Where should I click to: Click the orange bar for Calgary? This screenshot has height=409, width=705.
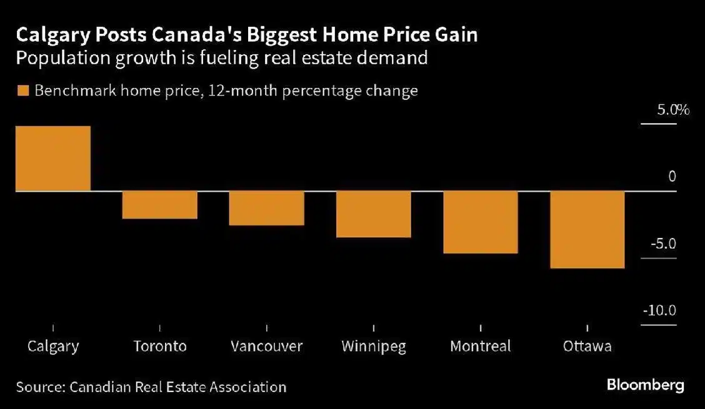pos(53,159)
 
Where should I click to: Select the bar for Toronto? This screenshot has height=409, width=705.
pos(160,205)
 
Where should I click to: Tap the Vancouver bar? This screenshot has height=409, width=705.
pos(267,208)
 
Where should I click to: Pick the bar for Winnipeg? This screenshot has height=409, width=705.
pos(374,214)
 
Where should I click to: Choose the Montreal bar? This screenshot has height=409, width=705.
pos(481,222)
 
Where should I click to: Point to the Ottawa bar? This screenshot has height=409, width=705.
pos(587,230)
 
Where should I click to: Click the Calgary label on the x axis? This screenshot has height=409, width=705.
pos(53,346)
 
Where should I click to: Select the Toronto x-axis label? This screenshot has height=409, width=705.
pos(160,346)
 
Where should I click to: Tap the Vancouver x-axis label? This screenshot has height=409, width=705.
pos(267,346)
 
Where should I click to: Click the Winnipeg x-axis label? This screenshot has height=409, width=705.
pos(374,346)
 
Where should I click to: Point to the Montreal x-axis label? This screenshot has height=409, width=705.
pos(481,346)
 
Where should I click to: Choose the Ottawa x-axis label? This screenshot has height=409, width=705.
pos(587,346)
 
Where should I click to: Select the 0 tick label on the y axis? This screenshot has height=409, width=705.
pos(672,177)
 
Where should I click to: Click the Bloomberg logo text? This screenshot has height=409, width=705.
pos(646,385)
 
